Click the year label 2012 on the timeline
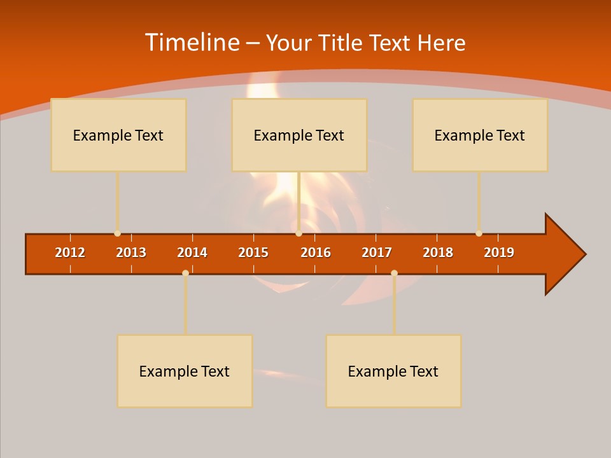click(70, 253)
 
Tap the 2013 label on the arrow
click(131, 253)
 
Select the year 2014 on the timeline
click(192, 253)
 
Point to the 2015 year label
click(253, 253)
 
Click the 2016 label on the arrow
click(316, 253)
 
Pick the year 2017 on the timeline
click(377, 253)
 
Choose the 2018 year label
click(438, 253)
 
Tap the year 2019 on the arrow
click(499, 253)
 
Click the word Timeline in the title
click(191, 43)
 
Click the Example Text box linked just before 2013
click(118, 135)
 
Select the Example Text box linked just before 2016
click(299, 135)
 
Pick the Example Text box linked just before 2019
click(480, 135)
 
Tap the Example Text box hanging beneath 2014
click(185, 371)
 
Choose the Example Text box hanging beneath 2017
click(393, 371)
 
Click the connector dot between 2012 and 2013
click(117, 233)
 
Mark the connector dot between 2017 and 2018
click(394, 273)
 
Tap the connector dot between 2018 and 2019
click(479, 233)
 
